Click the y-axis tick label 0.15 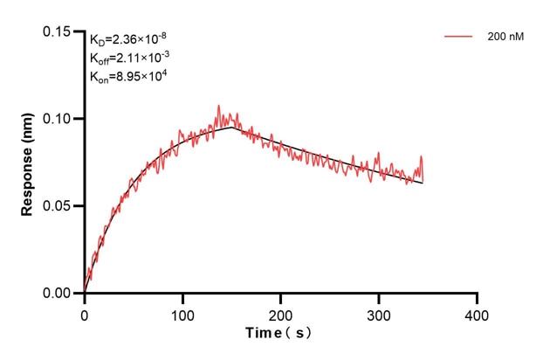[x=57, y=31]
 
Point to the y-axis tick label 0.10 [x=57, y=119]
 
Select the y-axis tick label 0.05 [x=57, y=206]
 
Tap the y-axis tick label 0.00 [x=57, y=294]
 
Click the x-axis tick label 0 [x=85, y=313]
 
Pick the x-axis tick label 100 [x=182, y=313]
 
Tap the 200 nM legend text [x=505, y=38]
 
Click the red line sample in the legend [x=459, y=38]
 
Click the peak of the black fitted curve [x=232, y=128]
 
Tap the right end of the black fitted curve [x=423, y=183]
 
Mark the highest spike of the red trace [x=218, y=106]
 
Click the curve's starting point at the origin [x=85, y=293]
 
